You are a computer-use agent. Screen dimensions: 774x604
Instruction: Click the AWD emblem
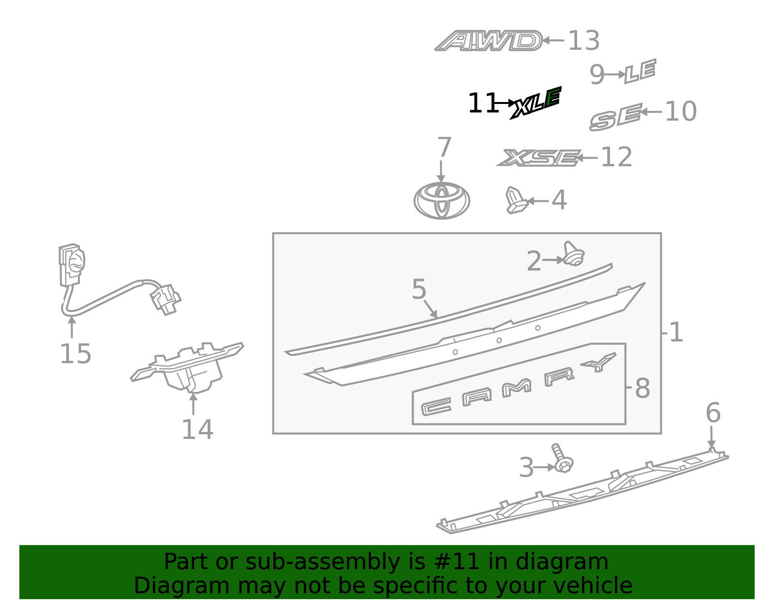point(488,41)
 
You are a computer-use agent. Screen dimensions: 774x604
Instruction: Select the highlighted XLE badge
point(536,103)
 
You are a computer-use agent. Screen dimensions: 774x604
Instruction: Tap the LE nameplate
point(640,71)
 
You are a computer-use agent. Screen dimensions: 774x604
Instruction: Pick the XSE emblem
point(539,158)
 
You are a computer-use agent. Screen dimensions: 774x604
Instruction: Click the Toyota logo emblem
point(442,200)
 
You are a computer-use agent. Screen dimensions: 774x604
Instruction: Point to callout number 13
point(584,41)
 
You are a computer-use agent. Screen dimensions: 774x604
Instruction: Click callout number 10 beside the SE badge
point(681,111)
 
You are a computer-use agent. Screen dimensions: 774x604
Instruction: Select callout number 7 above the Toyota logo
point(444,147)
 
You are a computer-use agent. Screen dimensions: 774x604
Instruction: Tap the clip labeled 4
point(516,200)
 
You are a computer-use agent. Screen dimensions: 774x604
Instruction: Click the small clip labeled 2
point(574,253)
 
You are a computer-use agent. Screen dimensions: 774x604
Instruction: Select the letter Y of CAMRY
point(598,362)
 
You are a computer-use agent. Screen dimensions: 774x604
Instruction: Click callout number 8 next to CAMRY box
point(642,388)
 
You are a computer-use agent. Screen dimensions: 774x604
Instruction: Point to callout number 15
point(75,354)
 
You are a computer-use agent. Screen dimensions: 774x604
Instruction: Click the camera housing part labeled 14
point(187,368)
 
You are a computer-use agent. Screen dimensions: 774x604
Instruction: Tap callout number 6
point(713,413)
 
